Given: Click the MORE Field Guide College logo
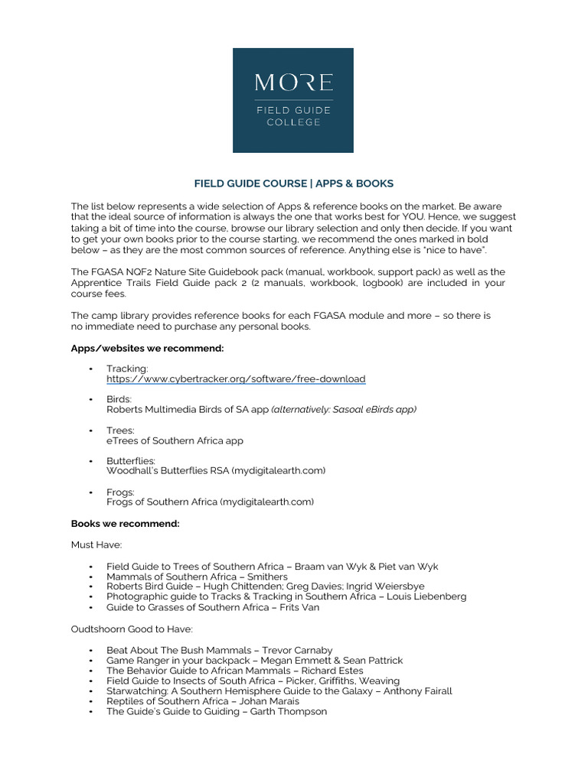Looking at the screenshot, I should [x=293, y=100].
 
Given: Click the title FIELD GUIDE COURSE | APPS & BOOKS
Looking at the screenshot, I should [x=293, y=184].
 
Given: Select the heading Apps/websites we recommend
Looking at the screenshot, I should [x=147, y=348].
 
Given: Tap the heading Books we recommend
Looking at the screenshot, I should [x=125, y=524].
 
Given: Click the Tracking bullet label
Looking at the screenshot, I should [x=127, y=369].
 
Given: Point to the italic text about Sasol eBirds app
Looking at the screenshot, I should [x=345, y=410].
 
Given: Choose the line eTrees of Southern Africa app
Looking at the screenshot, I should [x=175, y=441].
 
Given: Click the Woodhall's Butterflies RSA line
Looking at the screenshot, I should [x=216, y=471].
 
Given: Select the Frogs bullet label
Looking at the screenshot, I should [x=120, y=492].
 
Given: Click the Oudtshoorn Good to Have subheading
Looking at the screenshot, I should [x=132, y=629].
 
